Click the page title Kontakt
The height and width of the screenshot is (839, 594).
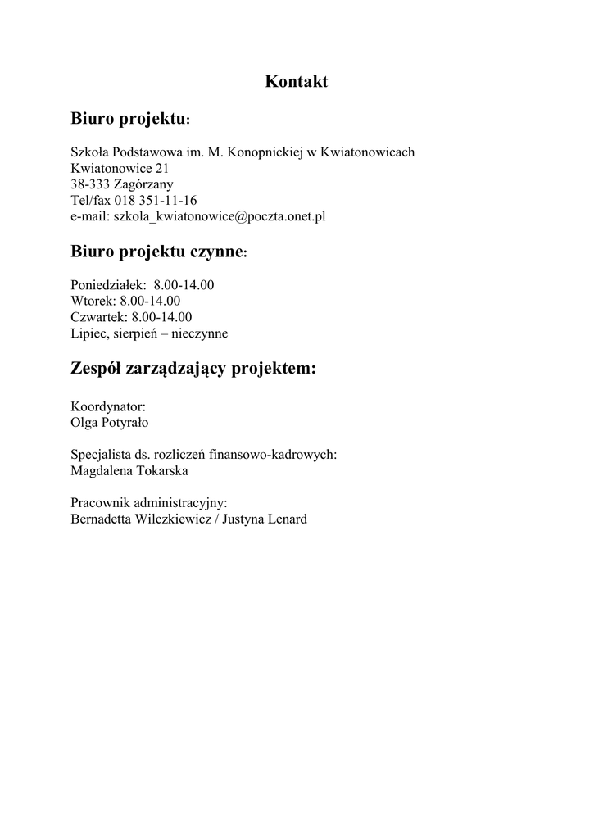297,82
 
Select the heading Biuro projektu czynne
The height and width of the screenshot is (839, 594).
158,252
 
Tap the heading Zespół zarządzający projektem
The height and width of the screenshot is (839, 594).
193,369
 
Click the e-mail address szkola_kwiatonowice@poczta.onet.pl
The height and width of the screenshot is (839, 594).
220,217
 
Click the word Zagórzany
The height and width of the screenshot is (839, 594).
143,184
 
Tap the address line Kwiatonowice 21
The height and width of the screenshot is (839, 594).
120,168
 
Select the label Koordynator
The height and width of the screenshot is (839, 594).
108,406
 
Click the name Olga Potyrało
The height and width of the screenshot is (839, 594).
110,423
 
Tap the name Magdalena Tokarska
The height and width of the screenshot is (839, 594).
129,471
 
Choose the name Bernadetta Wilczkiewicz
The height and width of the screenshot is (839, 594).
139,519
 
